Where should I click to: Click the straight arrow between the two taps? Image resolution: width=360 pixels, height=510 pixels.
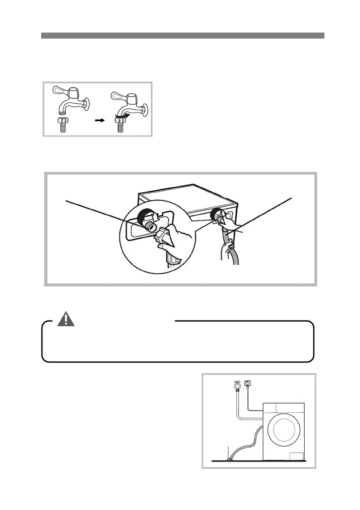99,121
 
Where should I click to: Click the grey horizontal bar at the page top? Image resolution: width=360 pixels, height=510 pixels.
183,36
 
